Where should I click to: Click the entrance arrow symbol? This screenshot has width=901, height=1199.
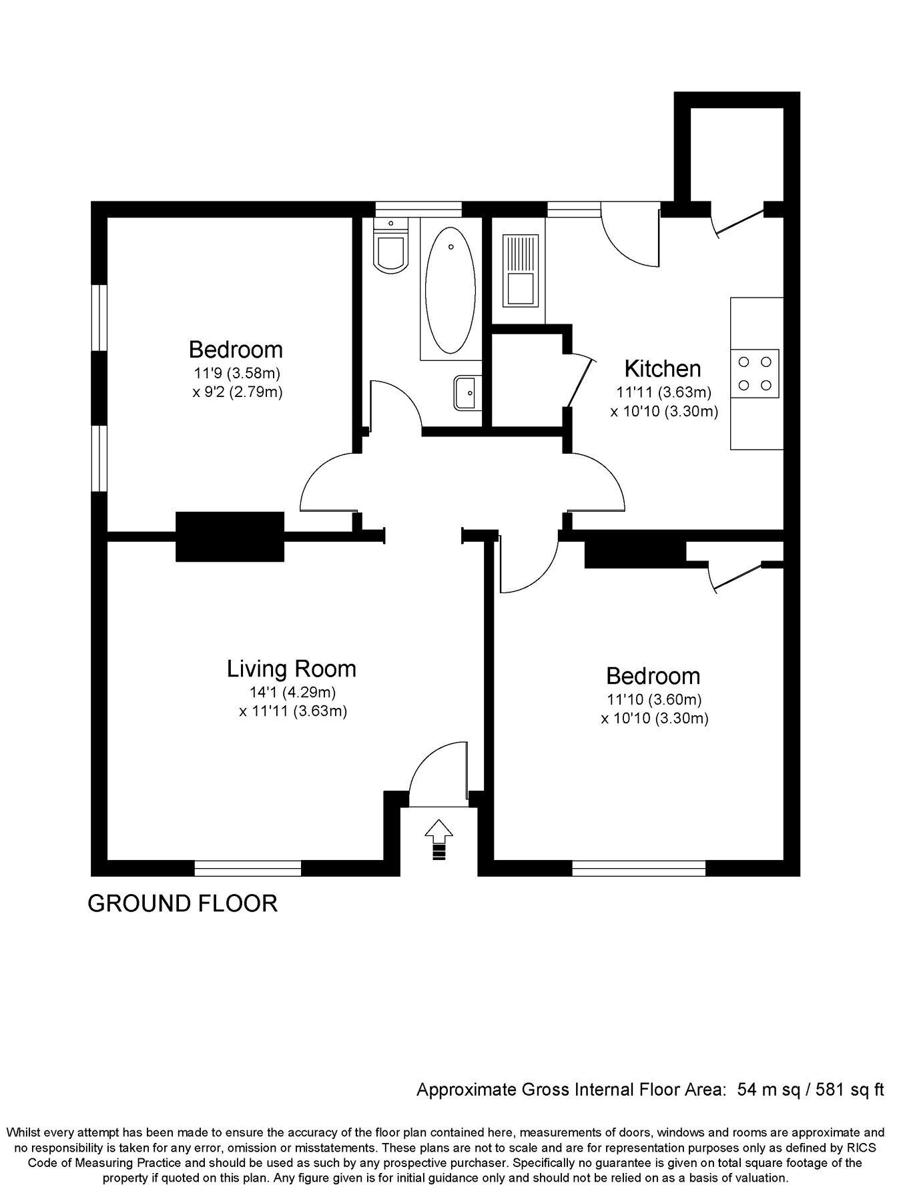pyautogui.click(x=438, y=839)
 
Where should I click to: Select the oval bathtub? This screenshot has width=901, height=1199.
pyautogui.click(x=450, y=290)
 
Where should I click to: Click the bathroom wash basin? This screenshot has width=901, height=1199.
pyautogui.click(x=467, y=392)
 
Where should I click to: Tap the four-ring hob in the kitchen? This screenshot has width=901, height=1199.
pyautogui.click(x=755, y=374)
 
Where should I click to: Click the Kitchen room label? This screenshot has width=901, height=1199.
pyautogui.click(x=662, y=368)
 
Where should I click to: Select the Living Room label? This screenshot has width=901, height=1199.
pyautogui.click(x=292, y=669)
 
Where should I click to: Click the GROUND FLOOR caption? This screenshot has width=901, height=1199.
pyautogui.click(x=183, y=903)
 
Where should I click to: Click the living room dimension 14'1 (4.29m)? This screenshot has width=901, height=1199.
pyautogui.click(x=292, y=692)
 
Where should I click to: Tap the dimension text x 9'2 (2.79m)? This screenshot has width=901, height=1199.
pyautogui.click(x=238, y=392)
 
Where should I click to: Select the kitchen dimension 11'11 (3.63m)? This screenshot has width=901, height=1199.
pyautogui.click(x=664, y=392)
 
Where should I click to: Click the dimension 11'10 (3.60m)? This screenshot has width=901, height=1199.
pyautogui.click(x=655, y=700)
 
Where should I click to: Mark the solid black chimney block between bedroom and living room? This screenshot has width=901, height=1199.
pyautogui.click(x=230, y=536)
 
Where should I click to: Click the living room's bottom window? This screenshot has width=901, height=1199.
pyautogui.click(x=248, y=868)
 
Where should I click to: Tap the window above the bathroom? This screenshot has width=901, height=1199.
pyautogui.click(x=418, y=210)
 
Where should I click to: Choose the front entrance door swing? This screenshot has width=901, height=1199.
pyautogui.click(x=438, y=774)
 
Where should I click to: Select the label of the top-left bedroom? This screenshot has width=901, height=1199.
pyautogui.click(x=236, y=350)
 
